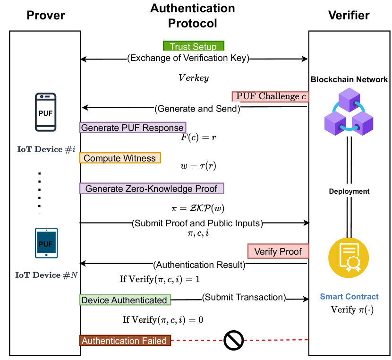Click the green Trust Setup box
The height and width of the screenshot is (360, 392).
[x=194, y=46]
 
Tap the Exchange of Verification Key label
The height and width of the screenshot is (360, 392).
[x=188, y=58]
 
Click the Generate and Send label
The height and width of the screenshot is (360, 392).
[x=197, y=109]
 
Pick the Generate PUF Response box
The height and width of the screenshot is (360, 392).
[x=132, y=128]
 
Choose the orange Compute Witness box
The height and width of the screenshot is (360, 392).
[x=120, y=158]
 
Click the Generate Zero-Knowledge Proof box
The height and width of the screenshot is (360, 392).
[x=151, y=189]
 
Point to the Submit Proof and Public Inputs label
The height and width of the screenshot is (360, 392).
[x=197, y=223]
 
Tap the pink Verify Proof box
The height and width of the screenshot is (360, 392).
[x=278, y=251]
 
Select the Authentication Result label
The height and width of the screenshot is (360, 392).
[x=199, y=265]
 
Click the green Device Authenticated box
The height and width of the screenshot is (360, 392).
[x=125, y=300]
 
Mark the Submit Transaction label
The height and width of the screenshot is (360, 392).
[x=244, y=297]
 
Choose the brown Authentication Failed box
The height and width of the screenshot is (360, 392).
[x=125, y=341]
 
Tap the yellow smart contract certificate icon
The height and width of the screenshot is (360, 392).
[x=349, y=258]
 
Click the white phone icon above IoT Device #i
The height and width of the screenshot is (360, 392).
[x=46, y=112]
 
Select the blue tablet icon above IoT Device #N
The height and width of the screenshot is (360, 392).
[x=46, y=243]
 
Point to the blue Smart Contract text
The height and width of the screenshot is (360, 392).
[x=349, y=297]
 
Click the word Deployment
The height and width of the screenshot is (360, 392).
[x=349, y=191]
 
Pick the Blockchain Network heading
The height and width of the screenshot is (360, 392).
[x=349, y=79]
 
